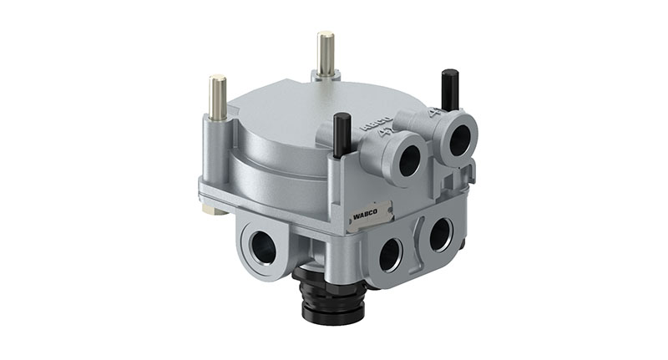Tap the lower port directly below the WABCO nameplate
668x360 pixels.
[390, 252]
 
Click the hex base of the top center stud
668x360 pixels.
[326, 76]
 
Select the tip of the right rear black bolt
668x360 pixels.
[448, 74]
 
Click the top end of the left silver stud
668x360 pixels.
[217, 79]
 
